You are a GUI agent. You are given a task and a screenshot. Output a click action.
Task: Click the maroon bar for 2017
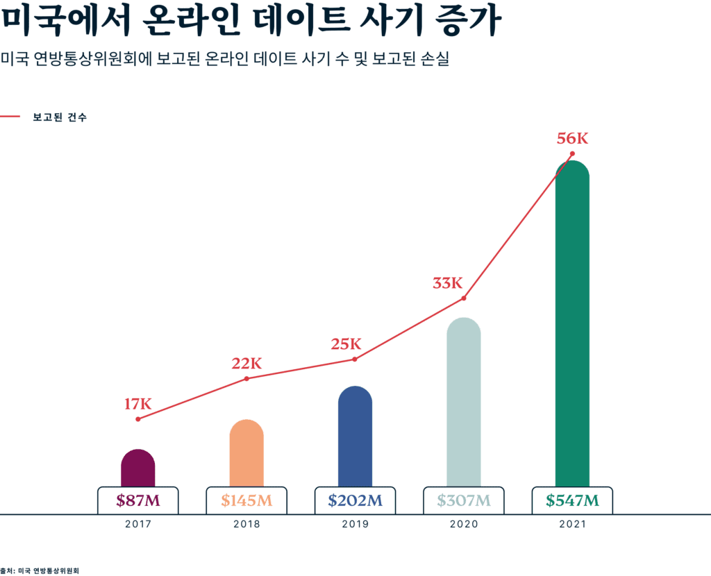coord(137,468)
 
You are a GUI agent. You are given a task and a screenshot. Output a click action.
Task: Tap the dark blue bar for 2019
coord(355,437)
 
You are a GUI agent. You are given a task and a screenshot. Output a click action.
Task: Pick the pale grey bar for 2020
coord(463,403)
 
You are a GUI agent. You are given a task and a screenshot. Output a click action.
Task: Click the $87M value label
coord(137,500)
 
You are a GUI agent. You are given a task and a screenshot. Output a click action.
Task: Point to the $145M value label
coord(246,500)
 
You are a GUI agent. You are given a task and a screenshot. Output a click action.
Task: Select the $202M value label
coord(355,500)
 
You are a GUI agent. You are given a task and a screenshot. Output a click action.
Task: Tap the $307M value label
coord(463,500)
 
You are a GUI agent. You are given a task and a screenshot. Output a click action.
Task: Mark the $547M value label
coord(572,500)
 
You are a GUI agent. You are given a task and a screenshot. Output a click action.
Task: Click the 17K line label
coord(137,403)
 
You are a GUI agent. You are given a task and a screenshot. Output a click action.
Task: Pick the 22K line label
coord(246,363)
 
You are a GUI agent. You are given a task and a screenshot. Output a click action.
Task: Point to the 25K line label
coord(346,344)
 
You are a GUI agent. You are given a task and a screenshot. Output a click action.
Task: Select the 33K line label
coord(447,283)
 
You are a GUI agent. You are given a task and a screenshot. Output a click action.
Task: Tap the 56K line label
coord(572,139)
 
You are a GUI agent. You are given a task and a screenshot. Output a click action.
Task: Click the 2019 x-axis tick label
coord(355,525)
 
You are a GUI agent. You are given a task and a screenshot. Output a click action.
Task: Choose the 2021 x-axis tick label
coord(572,525)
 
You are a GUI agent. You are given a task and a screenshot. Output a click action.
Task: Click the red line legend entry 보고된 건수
coord(59,117)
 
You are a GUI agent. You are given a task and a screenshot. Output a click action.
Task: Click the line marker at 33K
coord(463,298)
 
